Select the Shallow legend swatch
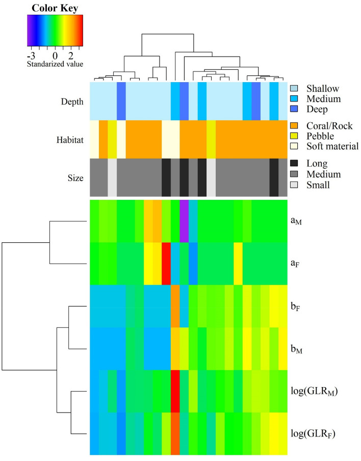[294, 88]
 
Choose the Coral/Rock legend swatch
[294, 125]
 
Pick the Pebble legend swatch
[294, 136]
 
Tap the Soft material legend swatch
[294, 146]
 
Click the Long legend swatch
[294, 164]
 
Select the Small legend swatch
[294, 184]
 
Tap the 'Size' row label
[73, 178]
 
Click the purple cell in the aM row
[184, 221]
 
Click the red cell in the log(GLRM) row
[175, 391]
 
